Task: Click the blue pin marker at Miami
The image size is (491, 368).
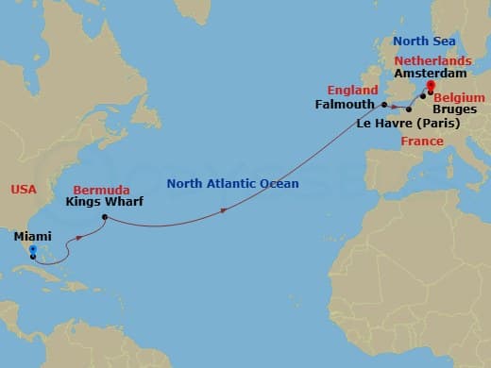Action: (x=32, y=251)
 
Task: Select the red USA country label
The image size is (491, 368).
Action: (x=24, y=190)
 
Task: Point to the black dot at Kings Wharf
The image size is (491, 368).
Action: (x=105, y=218)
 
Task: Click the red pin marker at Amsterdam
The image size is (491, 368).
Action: (x=430, y=87)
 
